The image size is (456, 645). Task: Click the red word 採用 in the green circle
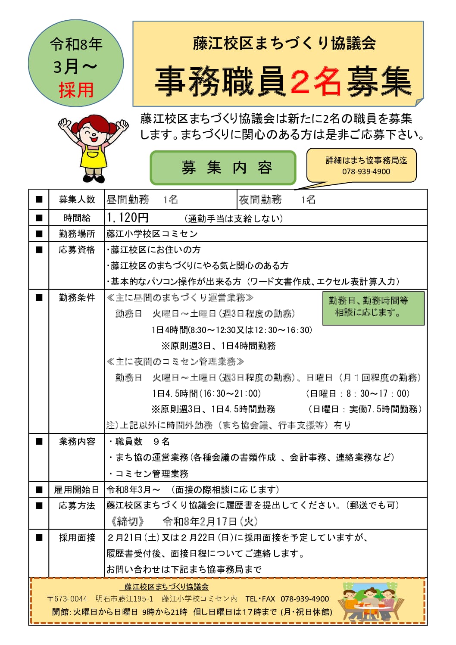pos(76,90)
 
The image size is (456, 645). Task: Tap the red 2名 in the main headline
pos(315,82)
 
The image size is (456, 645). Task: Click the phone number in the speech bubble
pos(366,171)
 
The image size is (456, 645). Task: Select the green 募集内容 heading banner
pos(223,168)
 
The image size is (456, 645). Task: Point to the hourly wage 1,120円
pos(128,218)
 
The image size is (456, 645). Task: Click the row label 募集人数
pos(77,199)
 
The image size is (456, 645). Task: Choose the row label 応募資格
pos(77,250)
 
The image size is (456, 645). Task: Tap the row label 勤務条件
pos(77,298)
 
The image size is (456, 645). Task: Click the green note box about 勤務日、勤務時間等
pos(373,308)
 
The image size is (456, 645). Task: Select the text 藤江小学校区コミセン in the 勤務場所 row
pos(152,234)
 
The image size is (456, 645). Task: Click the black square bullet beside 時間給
pos(39,218)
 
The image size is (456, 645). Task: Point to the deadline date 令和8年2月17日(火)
pos(210,522)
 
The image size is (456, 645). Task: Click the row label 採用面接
pos(77,538)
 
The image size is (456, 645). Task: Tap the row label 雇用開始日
pos(77,490)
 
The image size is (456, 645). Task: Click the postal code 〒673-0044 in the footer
pos(67,599)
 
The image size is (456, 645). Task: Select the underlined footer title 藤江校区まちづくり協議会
pos(166,587)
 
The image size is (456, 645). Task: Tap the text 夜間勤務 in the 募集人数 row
pos(260,199)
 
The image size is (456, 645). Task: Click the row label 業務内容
pos(77,442)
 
